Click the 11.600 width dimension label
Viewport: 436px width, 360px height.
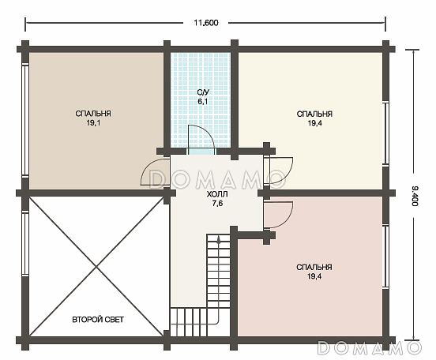coord(206,23)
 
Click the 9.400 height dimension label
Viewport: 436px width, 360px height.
coord(415,196)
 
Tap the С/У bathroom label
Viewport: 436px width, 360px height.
coord(203,92)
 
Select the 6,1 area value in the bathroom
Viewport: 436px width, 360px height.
coord(203,102)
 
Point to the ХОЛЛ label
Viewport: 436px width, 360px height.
coord(217,194)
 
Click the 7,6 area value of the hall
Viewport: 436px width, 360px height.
coord(217,204)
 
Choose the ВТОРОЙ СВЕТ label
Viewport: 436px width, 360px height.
coord(98,320)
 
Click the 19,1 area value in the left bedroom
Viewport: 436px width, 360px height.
coord(93,123)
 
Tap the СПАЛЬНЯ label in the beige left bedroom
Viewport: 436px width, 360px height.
coord(93,114)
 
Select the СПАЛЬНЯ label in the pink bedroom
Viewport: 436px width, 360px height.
coord(314,267)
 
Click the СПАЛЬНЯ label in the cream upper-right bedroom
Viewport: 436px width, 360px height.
coord(314,114)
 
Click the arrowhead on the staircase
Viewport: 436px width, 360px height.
coord(219,240)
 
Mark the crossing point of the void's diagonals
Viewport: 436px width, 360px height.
coord(96,267)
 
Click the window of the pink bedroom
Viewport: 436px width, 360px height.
coord(385,257)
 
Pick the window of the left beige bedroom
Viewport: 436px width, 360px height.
coord(25,120)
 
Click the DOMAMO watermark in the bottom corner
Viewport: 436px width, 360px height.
coord(370,347)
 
